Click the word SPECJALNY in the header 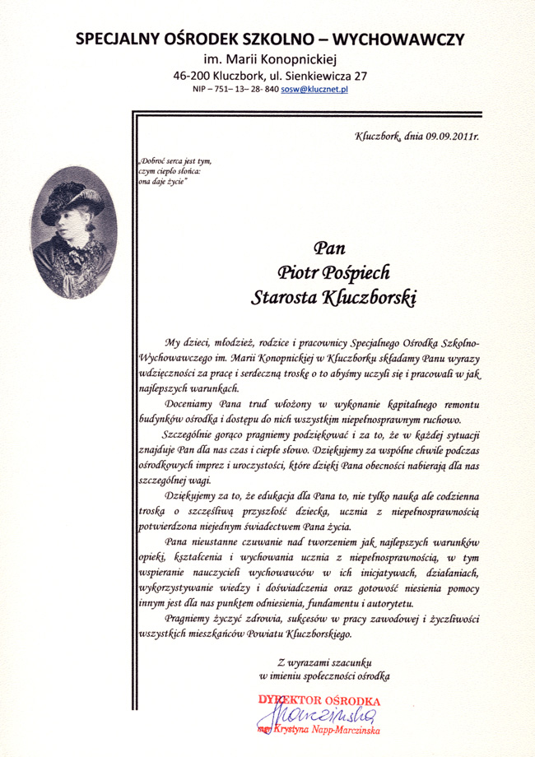point(115,39)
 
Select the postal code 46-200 point(192,74)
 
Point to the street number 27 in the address point(360,74)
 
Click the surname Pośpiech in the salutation point(360,273)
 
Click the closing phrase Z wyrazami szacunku point(326,661)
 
